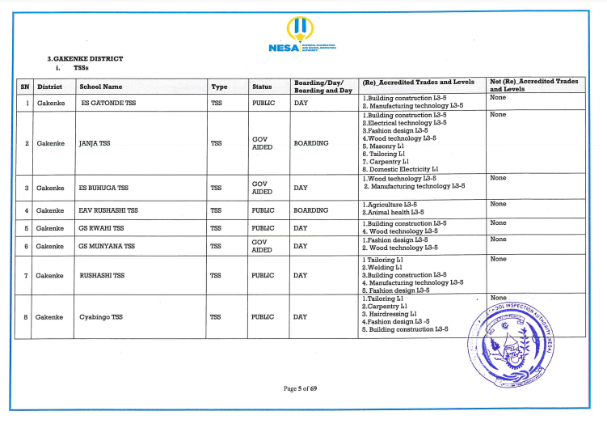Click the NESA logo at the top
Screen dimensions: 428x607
coord(301,36)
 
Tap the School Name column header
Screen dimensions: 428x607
coord(101,86)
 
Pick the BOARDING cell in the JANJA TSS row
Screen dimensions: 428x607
coord(311,143)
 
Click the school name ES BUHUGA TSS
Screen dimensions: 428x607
coord(103,188)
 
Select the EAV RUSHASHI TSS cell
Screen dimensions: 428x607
coord(108,210)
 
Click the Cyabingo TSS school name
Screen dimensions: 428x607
coord(100,316)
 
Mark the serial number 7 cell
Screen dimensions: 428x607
coord(27,275)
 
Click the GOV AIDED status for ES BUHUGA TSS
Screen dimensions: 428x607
coord(260,188)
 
